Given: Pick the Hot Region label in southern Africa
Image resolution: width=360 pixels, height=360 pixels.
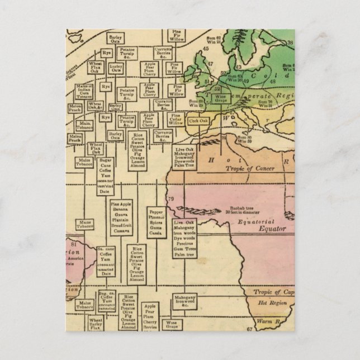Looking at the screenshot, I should tap(269, 302).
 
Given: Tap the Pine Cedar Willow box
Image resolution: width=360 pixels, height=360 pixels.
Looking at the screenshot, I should tap(177, 120).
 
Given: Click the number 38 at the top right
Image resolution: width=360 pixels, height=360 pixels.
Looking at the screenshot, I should tap(337, 42).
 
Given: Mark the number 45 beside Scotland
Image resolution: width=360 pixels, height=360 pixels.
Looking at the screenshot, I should tap(206, 49).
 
